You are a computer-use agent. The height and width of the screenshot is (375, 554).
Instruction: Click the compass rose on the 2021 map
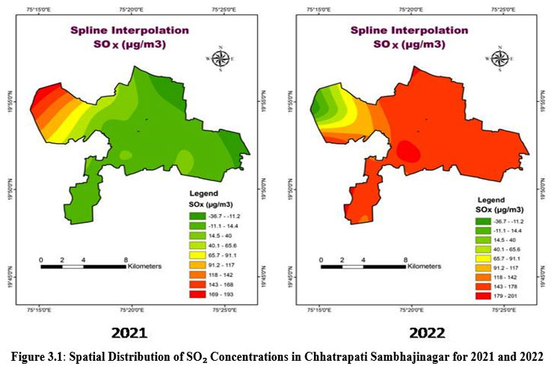click(x=221, y=60)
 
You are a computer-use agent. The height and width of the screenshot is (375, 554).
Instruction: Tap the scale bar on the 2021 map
click(x=83, y=266)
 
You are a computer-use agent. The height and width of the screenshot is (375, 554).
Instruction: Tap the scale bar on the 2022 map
click(x=363, y=266)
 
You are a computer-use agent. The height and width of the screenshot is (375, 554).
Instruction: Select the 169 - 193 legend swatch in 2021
click(x=193, y=292)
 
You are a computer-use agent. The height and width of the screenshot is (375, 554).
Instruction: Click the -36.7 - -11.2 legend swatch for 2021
click(x=193, y=216)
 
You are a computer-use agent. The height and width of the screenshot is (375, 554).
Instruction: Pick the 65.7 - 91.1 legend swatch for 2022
click(x=475, y=259)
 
